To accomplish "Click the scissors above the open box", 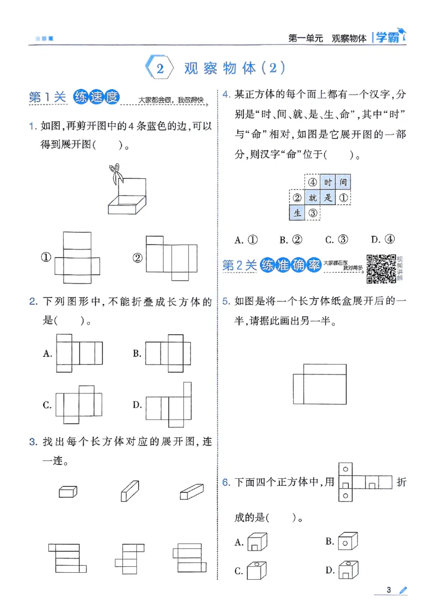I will (115, 173).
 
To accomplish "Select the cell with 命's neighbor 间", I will (343, 183).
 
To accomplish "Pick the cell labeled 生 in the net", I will (296, 213).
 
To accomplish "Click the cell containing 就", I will (312, 198).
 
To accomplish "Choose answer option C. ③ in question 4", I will (336, 240).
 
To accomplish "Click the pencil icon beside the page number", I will (403, 591).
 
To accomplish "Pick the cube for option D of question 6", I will (346, 569).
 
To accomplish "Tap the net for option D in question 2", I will (169, 404).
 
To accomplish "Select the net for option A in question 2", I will (79, 353).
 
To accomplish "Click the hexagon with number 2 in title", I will (159, 68).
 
